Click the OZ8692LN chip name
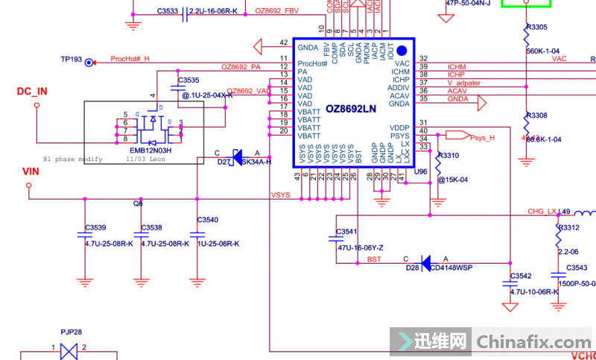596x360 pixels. pyautogui.click(x=351, y=108)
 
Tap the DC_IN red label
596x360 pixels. pyautogui.click(x=32, y=92)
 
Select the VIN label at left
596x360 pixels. pyautogui.click(x=31, y=171)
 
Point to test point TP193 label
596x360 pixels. pyautogui.click(x=72, y=58)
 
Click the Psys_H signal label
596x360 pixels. pyautogui.click(x=482, y=137)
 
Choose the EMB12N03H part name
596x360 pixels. pyautogui.click(x=150, y=150)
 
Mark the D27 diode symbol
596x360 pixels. pyautogui.click(x=238, y=157)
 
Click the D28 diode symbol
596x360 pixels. pyautogui.click(x=426, y=262)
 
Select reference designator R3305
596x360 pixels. pyautogui.click(x=536, y=27)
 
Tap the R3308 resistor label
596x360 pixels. pyautogui.click(x=536, y=116)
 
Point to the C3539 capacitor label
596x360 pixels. pyautogui.click(x=96, y=227)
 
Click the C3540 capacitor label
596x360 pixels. pyautogui.click(x=208, y=220)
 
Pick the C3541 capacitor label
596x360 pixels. pyautogui.click(x=347, y=232)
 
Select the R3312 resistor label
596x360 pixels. pyautogui.click(x=568, y=227)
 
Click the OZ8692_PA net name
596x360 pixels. pyautogui.click(x=241, y=67)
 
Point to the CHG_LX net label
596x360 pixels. pyautogui.click(x=542, y=212)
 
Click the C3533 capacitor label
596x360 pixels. pyautogui.click(x=168, y=11)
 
